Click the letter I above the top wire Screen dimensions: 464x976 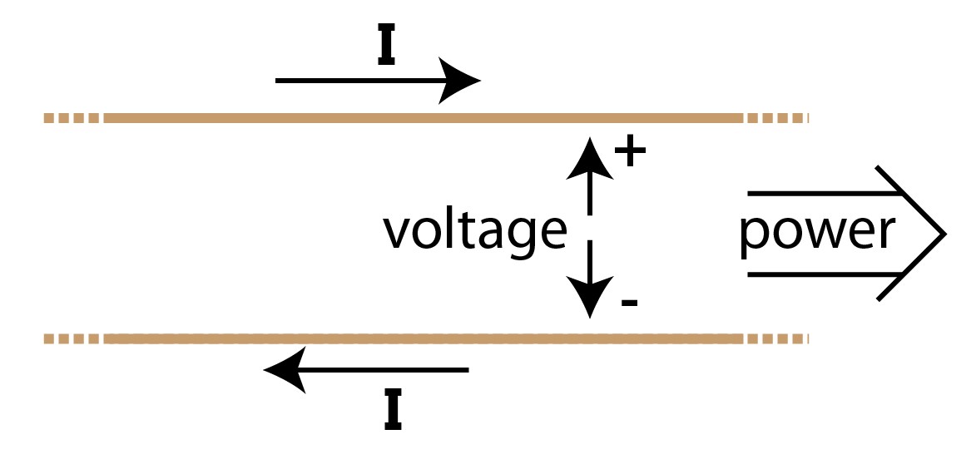385,50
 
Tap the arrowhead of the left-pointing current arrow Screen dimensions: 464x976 284,370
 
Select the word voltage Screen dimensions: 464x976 473,230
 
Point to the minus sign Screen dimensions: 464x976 629,302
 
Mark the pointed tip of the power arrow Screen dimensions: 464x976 944,234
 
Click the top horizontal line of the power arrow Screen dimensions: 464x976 824,194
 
